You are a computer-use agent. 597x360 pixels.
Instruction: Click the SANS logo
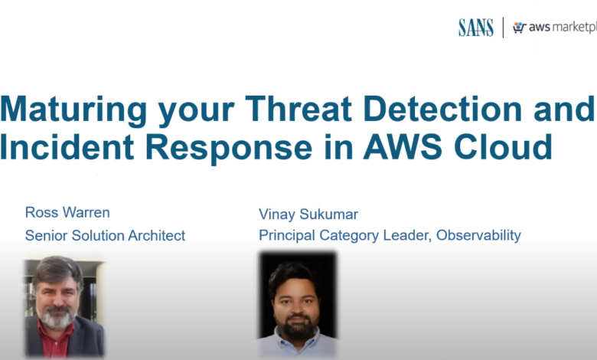pos(476,28)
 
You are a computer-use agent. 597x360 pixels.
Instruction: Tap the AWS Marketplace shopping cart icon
pos(520,28)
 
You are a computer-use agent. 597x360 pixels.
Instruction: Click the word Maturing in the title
pos(73,110)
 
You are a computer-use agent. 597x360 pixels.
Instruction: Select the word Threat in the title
pos(298,109)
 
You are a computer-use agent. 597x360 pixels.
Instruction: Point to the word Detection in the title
pos(442,109)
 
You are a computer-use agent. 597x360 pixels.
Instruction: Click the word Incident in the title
pos(67,146)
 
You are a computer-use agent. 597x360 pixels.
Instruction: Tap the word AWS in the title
pos(403,146)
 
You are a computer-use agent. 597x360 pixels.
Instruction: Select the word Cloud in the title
pos(503,146)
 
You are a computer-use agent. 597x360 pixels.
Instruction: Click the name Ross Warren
pos(67,212)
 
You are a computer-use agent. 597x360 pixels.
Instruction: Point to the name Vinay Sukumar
pos(308,214)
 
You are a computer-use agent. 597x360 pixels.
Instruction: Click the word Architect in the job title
pos(156,235)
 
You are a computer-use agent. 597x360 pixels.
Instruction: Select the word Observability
pos(478,235)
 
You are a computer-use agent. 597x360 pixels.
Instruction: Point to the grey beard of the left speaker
pos(57,317)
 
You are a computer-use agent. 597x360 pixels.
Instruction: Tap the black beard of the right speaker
pos(297,326)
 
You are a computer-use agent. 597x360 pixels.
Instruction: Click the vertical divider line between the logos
pos(504,28)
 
